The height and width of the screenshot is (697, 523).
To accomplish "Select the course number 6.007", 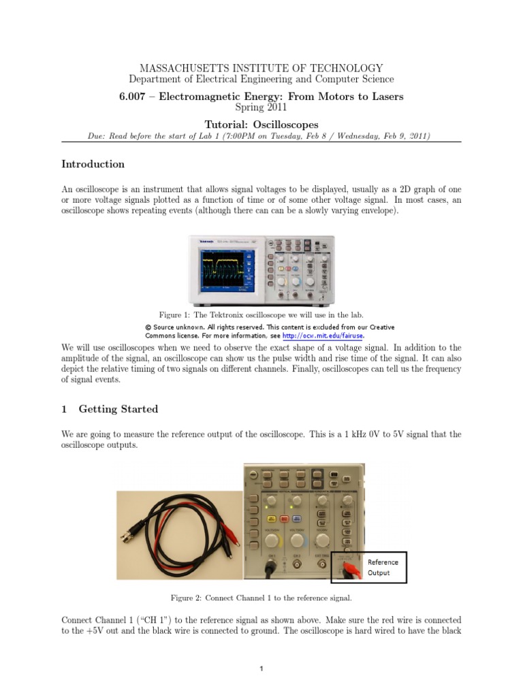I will pyautogui.click(x=133, y=97).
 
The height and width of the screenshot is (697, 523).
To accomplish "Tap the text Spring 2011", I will pyautogui.click(x=261, y=107).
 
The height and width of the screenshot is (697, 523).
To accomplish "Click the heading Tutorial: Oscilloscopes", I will pyautogui.click(x=261, y=125).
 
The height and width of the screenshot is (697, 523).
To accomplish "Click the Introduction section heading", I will pyautogui.click(x=93, y=164).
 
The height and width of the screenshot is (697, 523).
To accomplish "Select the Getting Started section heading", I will pyautogui.click(x=118, y=409).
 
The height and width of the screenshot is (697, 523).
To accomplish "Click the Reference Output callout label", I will pyautogui.click(x=383, y=568).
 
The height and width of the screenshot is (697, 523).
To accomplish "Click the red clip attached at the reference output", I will pyautogui.click(x=349, y=569).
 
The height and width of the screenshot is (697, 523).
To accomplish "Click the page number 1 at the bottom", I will pyautogui.click(x=261, y=669).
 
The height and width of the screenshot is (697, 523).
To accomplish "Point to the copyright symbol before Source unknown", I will pyautogui.click(x=149, y=327).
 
